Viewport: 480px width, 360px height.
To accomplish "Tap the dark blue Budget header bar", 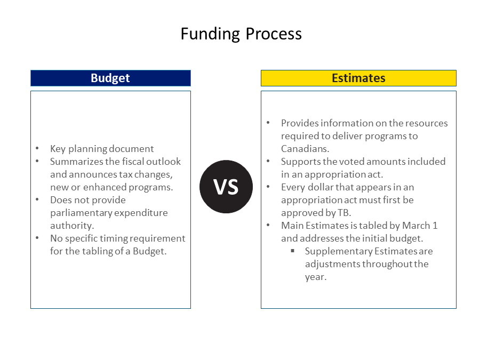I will tap(110, 78).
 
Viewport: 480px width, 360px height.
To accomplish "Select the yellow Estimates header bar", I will tap(358, 78).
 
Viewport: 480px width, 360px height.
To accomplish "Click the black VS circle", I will tap(226, 187).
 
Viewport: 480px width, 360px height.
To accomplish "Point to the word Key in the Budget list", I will tap(58, 149).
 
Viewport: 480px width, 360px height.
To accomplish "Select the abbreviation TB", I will tap(345, 213).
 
